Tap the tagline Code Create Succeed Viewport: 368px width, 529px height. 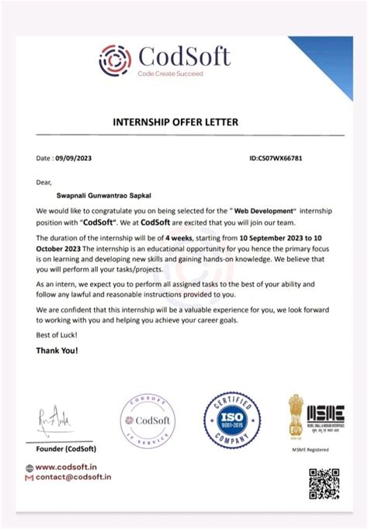click(x=170, y=74)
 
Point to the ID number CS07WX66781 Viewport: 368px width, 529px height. click(x=276, y=157)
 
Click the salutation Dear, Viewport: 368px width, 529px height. click(x=43, y=182)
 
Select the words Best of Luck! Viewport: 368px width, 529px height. click(x=57, y=334)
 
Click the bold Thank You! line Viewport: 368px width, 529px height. click(x=58, y=351)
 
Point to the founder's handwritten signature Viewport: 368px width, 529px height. click(x=55, y=419)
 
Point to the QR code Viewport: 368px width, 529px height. click(x=325, y=484)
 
